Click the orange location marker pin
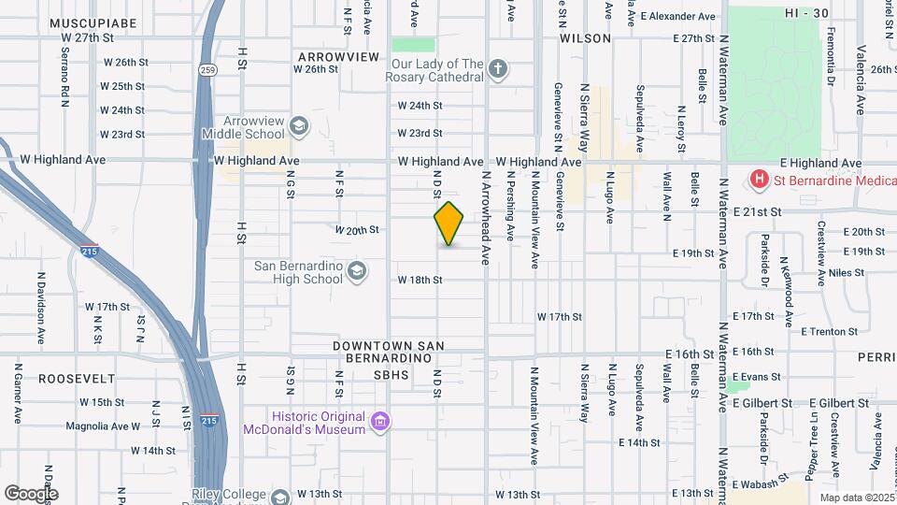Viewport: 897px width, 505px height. (x=449, y=224)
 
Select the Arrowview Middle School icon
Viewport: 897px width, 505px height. (x=299, y=126)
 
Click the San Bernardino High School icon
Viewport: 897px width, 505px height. (x=356, y=271)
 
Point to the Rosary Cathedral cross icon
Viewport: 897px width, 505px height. (x=499, y=69)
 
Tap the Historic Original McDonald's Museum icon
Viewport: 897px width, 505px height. (x=379, y=422)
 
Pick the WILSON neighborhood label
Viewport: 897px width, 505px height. (x=585, y=38)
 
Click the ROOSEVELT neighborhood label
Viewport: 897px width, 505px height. (x=77, y=379)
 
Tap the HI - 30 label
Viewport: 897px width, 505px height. (x=806, y=12)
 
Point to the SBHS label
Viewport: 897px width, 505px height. (x=392, y=375)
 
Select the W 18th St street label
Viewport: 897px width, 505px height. (x=420, y=280)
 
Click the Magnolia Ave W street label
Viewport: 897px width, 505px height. (x=103, y=426)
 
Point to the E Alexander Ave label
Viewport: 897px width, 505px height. (x=677, y=17)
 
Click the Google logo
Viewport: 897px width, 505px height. (x=32, y=493)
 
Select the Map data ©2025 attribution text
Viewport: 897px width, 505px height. (x=853, y=498)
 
